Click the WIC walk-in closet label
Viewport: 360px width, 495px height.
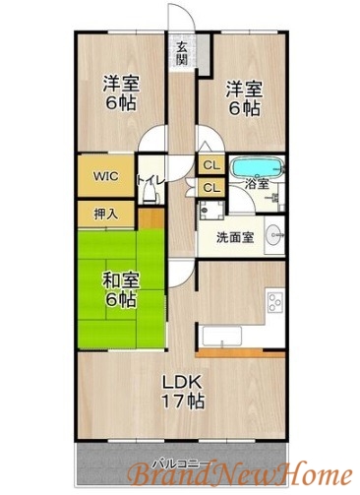pyautogui.click(x=106, y=177)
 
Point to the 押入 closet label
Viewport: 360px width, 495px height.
pyautogui.click(x=106, y=214)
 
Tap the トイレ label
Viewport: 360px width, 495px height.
pyautogui.click(x=151, y=180)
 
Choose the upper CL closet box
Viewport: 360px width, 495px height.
pyautogui.click(x=210, y=166)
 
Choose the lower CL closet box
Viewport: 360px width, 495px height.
pyautogui.click(x=210, y=187)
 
